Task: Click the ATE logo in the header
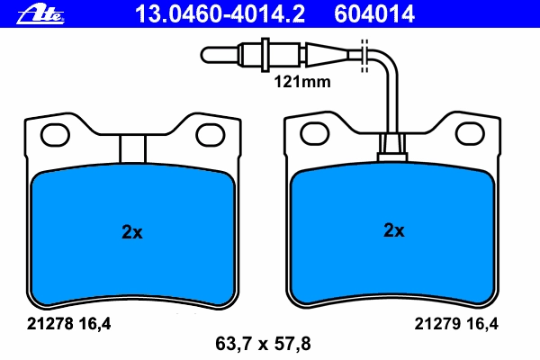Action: [40, 14]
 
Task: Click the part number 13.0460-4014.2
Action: [220, 14]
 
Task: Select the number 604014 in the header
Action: [374, 14]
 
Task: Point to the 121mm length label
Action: [302, 82]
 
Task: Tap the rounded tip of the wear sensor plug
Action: [204, 55]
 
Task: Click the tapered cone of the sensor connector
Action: [328, 55]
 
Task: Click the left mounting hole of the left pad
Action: [55, 135]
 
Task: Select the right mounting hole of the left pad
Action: [211, 135]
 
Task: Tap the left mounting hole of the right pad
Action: [315, 134]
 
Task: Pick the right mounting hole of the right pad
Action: [470, 134]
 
